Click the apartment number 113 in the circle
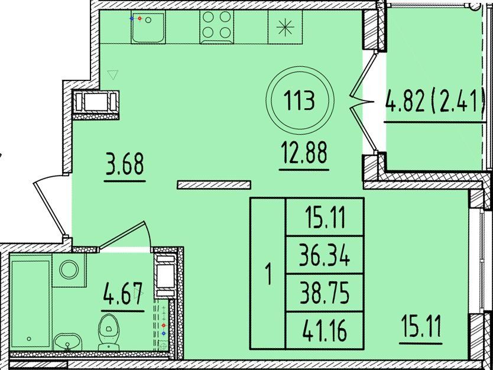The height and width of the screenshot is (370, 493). point(299,100)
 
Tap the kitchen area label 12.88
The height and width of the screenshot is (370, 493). point(303,152)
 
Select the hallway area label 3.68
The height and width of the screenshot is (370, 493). point(125,164)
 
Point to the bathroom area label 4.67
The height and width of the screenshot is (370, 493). point(122,294)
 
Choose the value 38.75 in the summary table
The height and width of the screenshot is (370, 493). point(324,293)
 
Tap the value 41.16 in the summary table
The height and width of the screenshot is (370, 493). point(324,330)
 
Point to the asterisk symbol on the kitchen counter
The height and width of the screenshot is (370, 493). point(286,27)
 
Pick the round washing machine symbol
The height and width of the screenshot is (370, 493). point(69,270)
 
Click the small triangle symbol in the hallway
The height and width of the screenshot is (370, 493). point(112,75)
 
